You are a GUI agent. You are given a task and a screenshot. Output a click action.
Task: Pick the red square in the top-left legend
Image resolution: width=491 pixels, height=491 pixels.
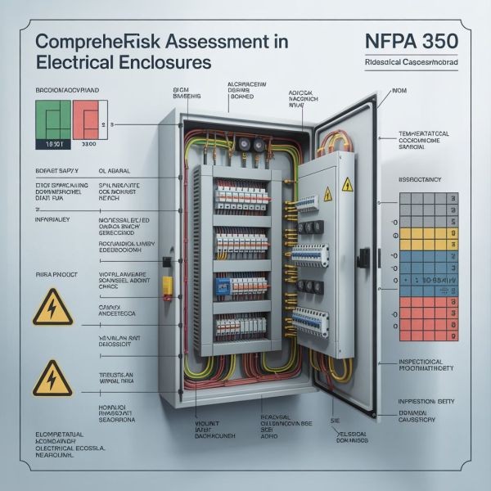coord(87,119)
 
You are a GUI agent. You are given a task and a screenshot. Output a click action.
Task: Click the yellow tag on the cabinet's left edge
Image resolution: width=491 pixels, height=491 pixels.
coord(169,286)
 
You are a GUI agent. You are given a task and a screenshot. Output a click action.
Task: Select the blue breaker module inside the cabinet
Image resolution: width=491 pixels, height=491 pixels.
coord(223,286)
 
